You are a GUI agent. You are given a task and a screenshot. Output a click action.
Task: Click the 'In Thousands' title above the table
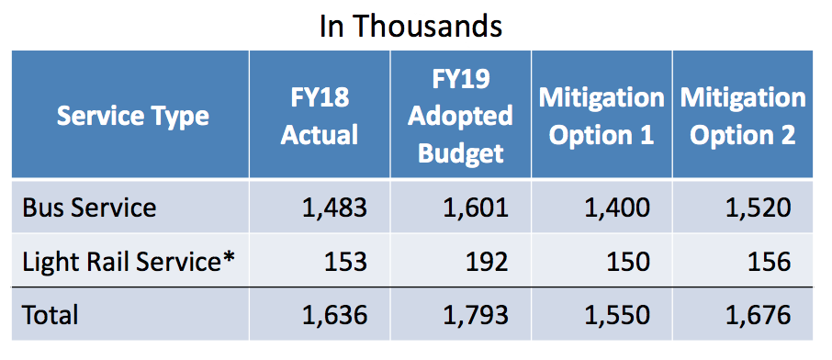[410, 26]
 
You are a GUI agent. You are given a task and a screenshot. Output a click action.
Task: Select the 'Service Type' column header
[132, 117]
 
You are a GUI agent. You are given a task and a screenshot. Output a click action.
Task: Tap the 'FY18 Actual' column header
[320, 117]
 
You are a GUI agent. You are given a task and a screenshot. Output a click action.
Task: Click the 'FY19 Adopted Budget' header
[460, 117]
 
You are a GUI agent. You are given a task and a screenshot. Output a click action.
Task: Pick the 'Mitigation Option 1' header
[602, 117]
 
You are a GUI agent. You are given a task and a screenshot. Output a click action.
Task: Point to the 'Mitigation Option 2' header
[743, 117]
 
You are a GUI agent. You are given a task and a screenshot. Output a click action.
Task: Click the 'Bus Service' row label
[89, 208]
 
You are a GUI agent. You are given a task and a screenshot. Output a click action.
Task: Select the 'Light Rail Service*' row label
[129, 262]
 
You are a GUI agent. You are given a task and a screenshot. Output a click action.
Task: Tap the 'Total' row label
[50, 315]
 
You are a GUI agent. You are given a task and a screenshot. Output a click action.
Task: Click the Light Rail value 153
[345, 262]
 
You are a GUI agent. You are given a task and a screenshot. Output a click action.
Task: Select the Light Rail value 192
[487, 262]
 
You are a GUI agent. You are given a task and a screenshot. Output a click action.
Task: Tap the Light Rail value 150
[628, 262]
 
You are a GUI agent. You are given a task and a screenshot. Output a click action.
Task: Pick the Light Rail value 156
[770, 262]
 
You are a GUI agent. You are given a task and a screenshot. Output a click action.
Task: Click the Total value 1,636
[335, 315]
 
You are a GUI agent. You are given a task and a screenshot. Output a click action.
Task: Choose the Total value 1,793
[476, 315]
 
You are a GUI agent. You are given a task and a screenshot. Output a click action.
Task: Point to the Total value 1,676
[759, 315]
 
